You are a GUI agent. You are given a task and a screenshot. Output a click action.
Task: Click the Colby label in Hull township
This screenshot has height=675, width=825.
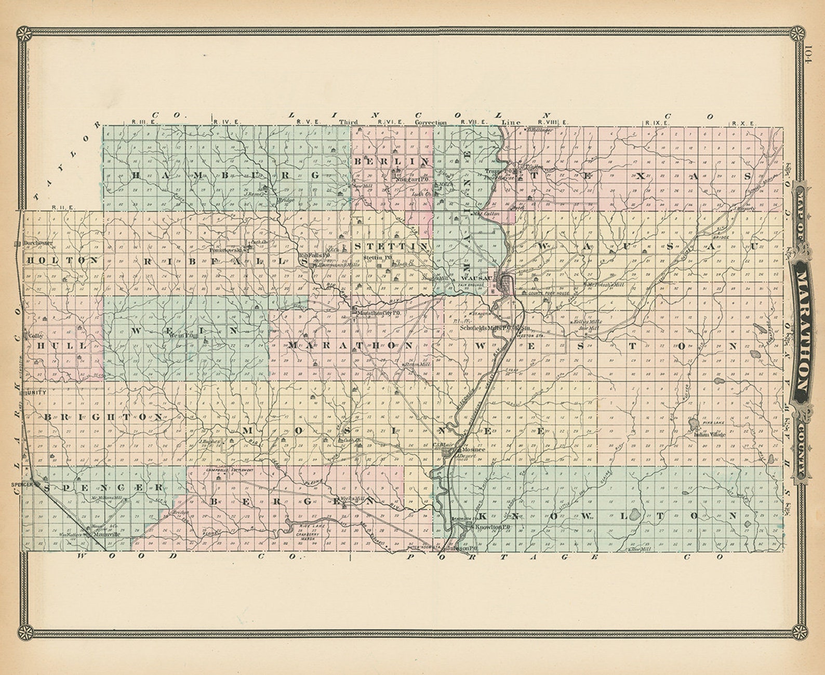(35, 335)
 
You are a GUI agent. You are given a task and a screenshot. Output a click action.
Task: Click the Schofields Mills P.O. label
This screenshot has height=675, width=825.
(485, 328)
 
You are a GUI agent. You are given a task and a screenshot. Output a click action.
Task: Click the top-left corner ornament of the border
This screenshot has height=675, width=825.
(22, 34)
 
